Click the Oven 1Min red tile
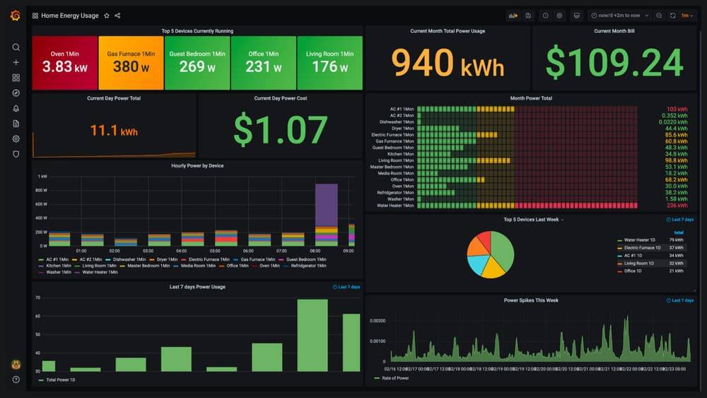[x=65, y=63]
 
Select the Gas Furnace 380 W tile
[x=131, y=63]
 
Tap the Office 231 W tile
[x=264, y=63]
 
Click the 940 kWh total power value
[x=448, y=63]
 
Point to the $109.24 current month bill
[x=614, y=64]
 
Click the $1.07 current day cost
[x=280, y=130]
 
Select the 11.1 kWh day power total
[x=113, y=131]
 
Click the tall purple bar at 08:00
[x=326, y=205]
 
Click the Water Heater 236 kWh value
[x=677, y=206]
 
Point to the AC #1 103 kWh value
[x=677, y=110]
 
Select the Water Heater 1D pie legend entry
[x=642, y=240]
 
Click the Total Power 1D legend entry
[x=59, y=380]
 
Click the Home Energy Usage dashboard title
[x=69, y=16]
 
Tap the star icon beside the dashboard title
[x=107, y=16]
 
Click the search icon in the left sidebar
[x=16, y=47]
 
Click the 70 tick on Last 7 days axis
[x=37, y=298]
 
